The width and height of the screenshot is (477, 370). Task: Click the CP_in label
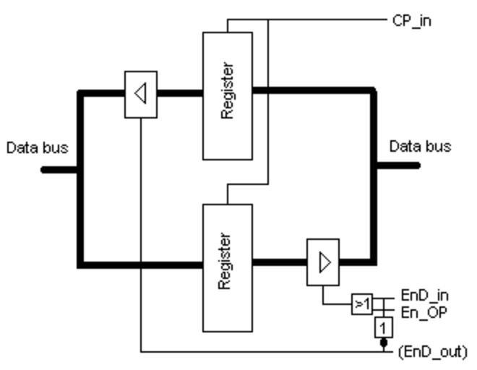412,20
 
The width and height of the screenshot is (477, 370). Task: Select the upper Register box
227,95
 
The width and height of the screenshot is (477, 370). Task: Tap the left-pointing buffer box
140,94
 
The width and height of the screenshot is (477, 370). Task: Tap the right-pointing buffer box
323,262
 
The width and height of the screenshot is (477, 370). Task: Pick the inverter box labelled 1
383,327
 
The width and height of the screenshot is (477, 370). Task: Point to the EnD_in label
425,295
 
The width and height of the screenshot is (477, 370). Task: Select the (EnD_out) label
433,352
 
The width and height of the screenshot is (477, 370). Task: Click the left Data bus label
38,148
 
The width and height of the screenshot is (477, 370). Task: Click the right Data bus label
421,147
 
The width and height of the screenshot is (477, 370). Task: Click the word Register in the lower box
225,261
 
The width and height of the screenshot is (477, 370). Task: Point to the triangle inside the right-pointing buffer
325,262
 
